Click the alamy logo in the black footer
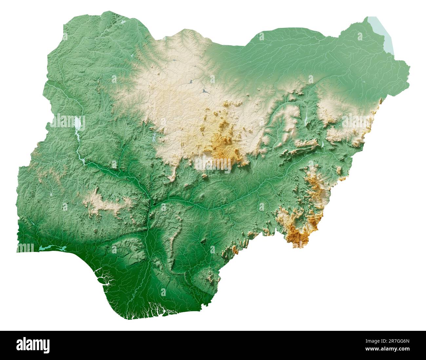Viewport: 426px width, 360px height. click(33, 345)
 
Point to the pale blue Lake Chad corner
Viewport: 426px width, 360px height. click(380, 33)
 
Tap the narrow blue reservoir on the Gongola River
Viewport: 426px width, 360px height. click(306, 120)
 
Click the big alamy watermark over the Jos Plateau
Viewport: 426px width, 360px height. click(213, 164)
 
